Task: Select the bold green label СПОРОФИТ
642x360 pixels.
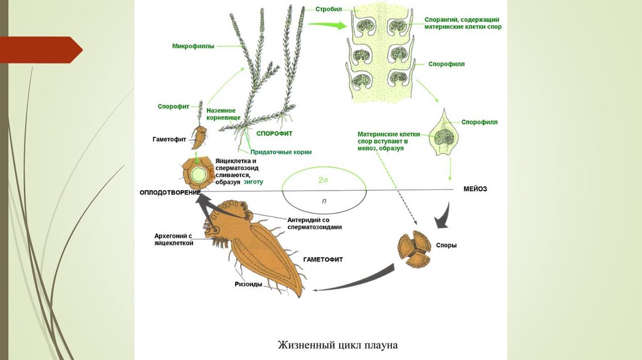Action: coord(275,134)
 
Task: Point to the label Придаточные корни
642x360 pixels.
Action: coord(281,152)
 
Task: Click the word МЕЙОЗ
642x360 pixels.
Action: coord(475,188)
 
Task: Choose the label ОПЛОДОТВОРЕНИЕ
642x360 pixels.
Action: coord(170,191)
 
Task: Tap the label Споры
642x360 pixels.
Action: coord(447,245)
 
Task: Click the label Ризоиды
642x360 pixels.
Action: coord(249,283)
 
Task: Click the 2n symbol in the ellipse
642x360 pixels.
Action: coord(323,179)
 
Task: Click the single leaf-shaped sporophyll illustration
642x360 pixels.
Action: coord(445,134)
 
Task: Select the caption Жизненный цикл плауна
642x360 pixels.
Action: coord(338,345)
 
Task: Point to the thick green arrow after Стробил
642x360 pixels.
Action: coord(329,25)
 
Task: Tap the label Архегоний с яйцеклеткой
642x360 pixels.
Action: coord(174,239)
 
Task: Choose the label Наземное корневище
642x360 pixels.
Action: coord(224,114)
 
